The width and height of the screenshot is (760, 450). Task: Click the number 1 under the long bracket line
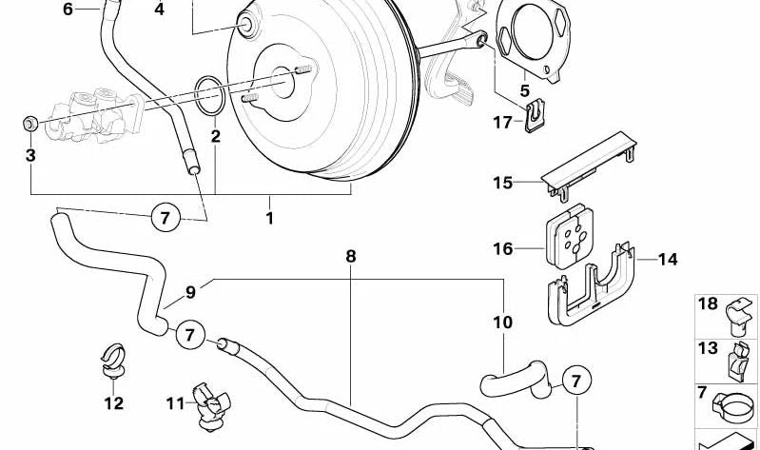click(x=269, y=219)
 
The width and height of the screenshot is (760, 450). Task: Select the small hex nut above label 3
click(x=29, y=123)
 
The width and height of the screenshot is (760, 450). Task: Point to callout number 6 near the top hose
click(x=68, y=10)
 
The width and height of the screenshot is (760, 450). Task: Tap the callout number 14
click(x=668, y=258)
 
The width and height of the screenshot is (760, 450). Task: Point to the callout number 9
click(x=190, y=292)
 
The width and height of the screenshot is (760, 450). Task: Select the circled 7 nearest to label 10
click(x=575, y=382)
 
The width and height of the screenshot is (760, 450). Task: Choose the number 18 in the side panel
click(x=709, y=303)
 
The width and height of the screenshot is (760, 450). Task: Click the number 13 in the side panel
click(x=709, y=348)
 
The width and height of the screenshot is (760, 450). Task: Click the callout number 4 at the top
click(x=159, y=10)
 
